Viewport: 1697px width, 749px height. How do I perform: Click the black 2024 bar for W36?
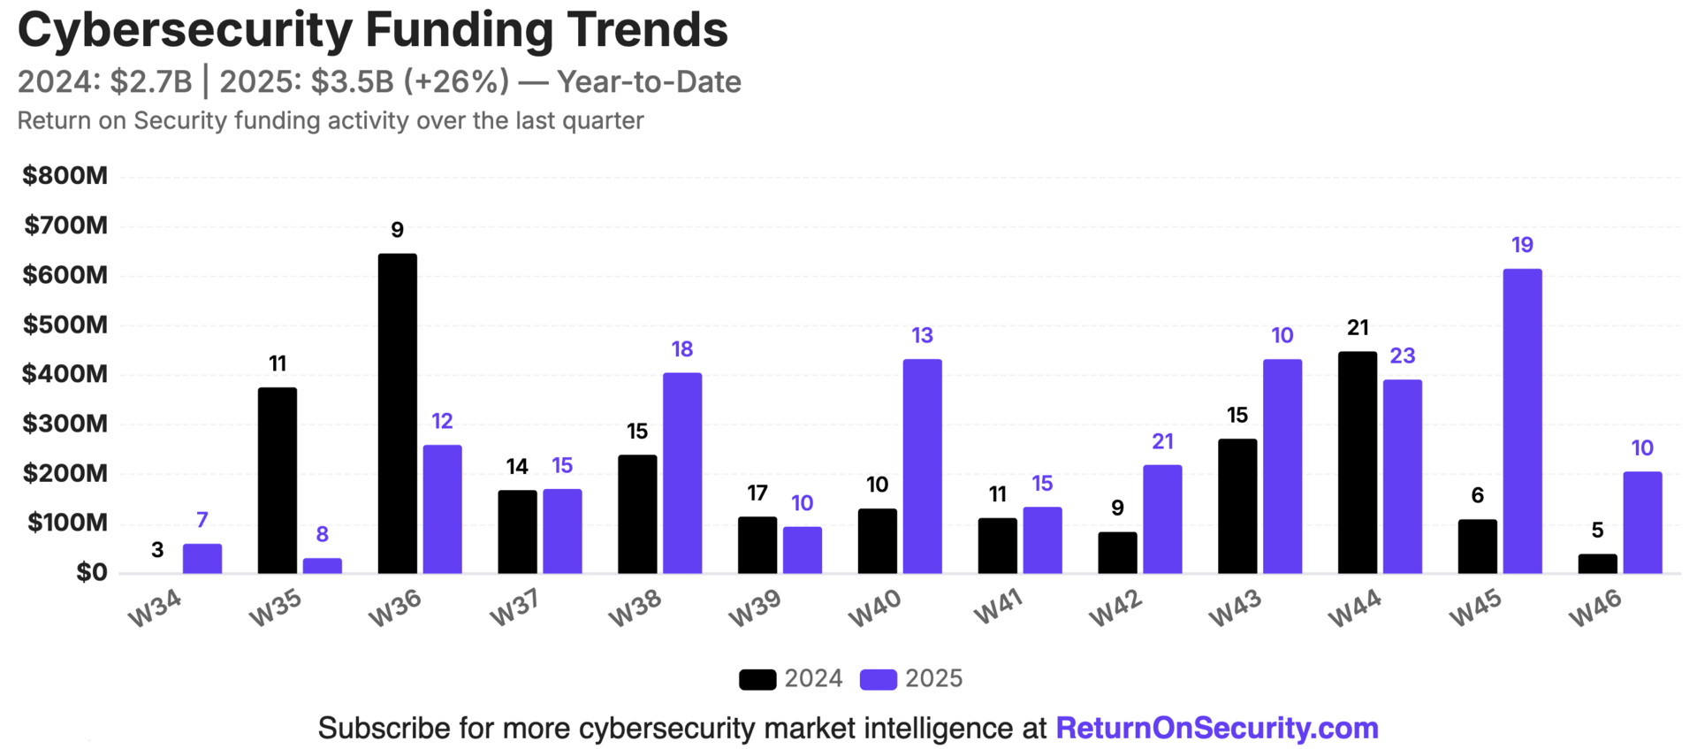397,413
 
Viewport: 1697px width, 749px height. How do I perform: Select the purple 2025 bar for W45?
1522,421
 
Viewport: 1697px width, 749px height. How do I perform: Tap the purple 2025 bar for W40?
922,466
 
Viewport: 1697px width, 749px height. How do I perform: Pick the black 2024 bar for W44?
1357,462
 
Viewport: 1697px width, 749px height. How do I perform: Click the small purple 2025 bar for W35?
322,565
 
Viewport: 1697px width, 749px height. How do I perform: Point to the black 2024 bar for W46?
1597,563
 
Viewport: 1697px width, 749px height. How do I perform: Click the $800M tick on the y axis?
65,176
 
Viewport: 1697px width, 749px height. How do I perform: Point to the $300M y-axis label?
65,424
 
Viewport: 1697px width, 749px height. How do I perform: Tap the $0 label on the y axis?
91,572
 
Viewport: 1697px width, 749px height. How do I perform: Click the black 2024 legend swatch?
757,679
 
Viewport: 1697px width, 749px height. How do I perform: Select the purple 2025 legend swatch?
879,679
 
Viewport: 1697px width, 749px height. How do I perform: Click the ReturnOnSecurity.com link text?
1217,728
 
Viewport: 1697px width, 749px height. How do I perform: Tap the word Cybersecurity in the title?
185,30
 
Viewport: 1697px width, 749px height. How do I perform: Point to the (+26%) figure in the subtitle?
456,81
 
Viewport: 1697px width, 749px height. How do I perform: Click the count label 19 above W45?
1522,245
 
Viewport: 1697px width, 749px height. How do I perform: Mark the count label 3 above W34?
157,550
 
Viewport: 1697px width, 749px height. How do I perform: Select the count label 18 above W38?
681,349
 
